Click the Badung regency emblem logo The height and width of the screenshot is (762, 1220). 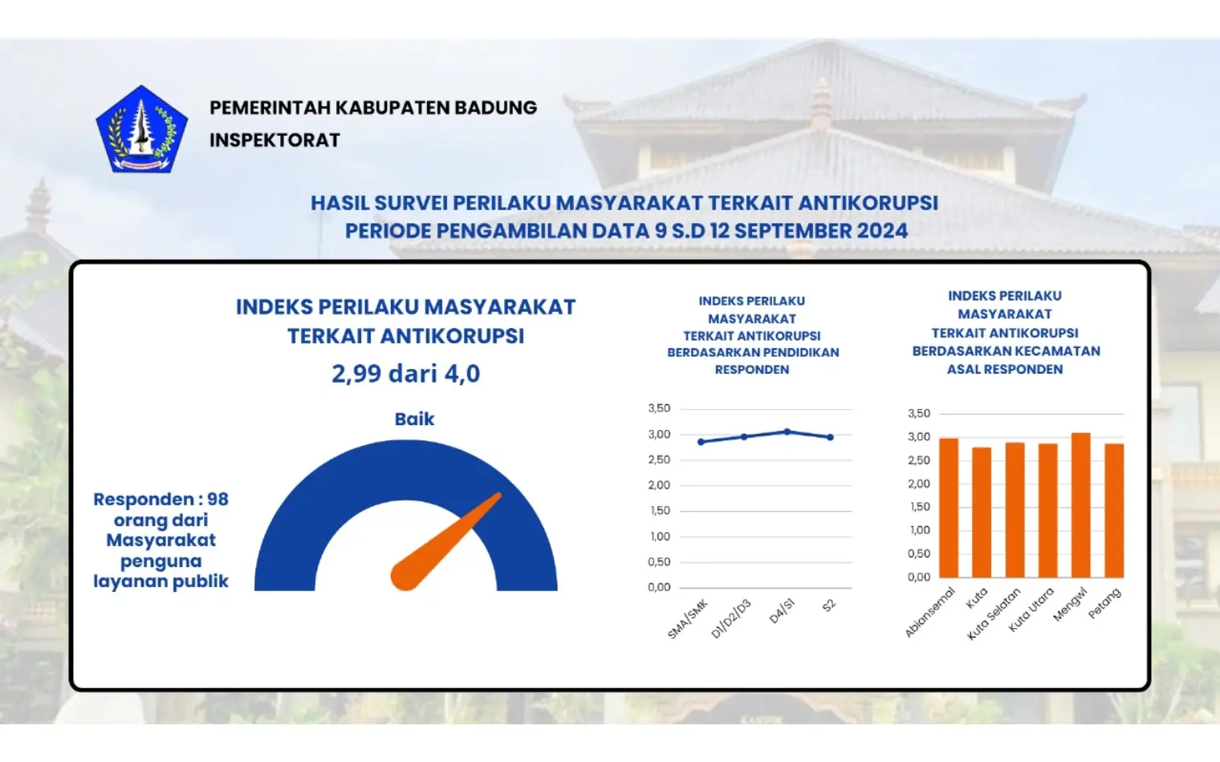141,129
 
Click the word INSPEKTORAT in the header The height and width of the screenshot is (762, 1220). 274,140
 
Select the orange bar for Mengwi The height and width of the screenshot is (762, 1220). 1080,505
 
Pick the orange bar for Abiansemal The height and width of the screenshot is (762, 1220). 949,508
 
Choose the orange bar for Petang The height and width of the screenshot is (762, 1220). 1114,510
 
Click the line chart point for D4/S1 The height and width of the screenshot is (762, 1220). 787,432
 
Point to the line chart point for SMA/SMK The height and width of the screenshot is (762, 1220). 701,442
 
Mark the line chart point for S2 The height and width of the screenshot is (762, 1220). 831,437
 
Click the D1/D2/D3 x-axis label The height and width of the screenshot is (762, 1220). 731,618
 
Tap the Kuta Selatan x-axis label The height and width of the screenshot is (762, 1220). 994,614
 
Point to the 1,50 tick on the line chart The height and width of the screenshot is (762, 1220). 660,511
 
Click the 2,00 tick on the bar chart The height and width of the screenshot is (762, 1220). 919,484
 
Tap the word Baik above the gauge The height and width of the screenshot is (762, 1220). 414,420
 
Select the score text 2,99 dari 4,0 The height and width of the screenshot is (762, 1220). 405,374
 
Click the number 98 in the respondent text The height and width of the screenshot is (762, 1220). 218,500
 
